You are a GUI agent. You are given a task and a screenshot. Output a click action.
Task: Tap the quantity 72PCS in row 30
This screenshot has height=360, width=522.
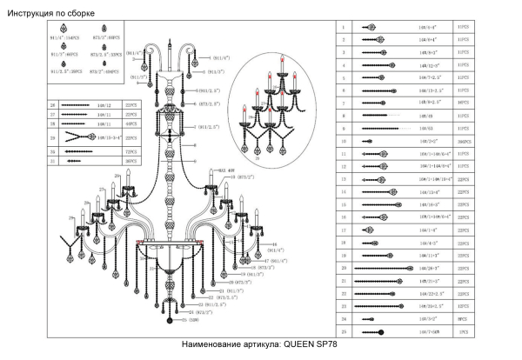132,150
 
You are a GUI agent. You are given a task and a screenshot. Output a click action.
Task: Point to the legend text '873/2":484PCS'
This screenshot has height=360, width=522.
105,70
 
